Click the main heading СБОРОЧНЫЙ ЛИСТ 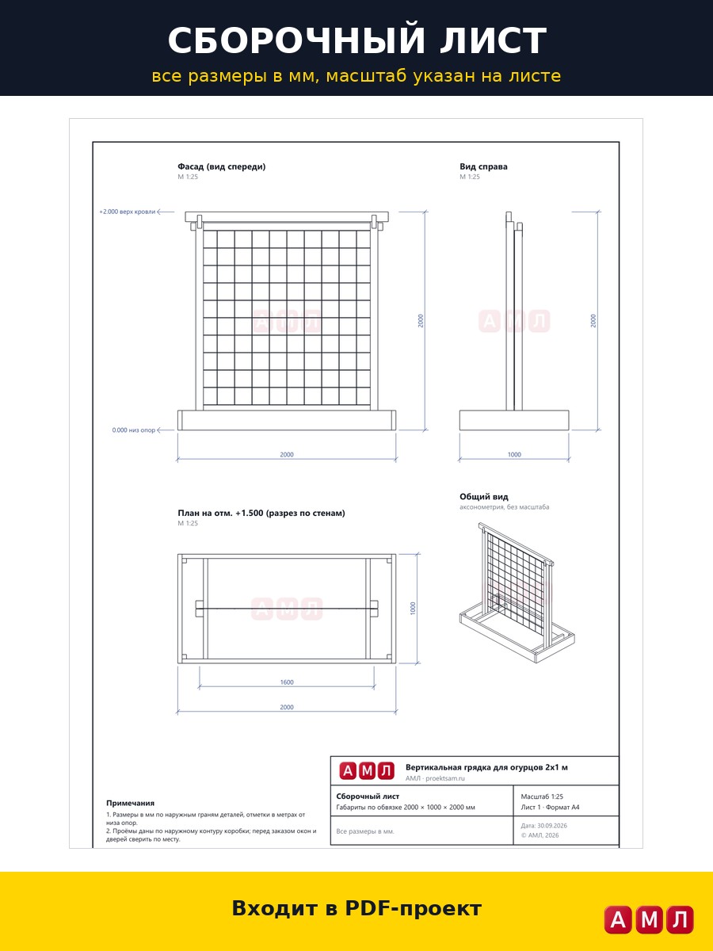[356, 40]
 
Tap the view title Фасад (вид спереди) [221, 166]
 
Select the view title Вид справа [483, 166]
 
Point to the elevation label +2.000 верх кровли [127, 212]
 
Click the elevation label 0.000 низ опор [133, 430]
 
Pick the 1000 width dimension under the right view [514, 454]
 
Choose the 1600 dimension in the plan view [287, 682]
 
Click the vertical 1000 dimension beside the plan [413, 609]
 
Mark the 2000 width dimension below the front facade [287, 454]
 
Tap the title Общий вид [483, 497]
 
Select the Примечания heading [130, 804]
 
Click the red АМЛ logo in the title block [367, 771]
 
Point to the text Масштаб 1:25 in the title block [542, 796]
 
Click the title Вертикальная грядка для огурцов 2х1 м [486, 767]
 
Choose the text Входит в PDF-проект [356, 908]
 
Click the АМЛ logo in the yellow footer [649, 919]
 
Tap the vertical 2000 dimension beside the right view [593, 321]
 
